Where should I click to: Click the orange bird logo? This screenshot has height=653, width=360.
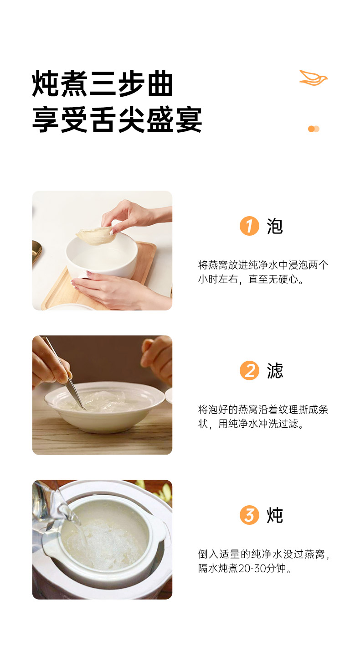[x=314, y=78]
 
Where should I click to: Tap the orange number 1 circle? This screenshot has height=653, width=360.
[x=249, y=226]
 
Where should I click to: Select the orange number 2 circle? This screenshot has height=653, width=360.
[x=249, y=371]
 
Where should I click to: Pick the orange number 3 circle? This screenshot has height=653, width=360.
[x=249, y=515]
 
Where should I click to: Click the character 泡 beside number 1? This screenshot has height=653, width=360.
[x=275, y=226]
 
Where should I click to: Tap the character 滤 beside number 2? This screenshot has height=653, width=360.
[x=275, y=371]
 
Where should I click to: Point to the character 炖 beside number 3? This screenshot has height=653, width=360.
[x=275, y=515]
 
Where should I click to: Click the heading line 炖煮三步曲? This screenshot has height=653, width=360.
[x=102, y=83]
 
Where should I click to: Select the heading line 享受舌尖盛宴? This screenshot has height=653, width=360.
[x=117, y=119]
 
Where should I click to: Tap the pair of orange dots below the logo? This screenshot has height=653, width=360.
[x=314, y=129]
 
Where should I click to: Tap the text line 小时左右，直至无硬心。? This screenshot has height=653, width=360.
[x=251, y=279]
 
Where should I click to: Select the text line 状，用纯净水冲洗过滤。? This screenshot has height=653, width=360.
[x=251, y=424]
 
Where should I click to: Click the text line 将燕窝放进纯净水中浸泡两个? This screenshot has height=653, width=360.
[x=263, y=264]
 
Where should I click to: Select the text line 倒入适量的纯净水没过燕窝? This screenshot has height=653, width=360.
[x=263, y=554]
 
